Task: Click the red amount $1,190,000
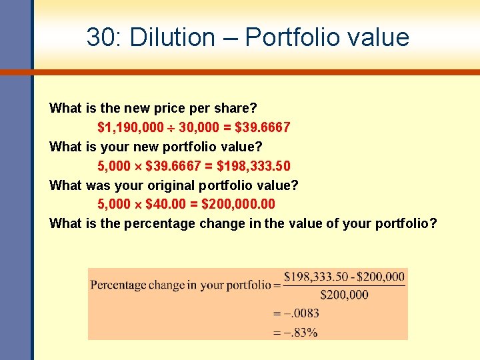click(x=131, y=127)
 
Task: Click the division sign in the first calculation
click(x=171, y=127)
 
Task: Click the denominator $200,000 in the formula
click(x=344, y=294)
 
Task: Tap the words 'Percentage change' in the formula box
click(x=137, y=285)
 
